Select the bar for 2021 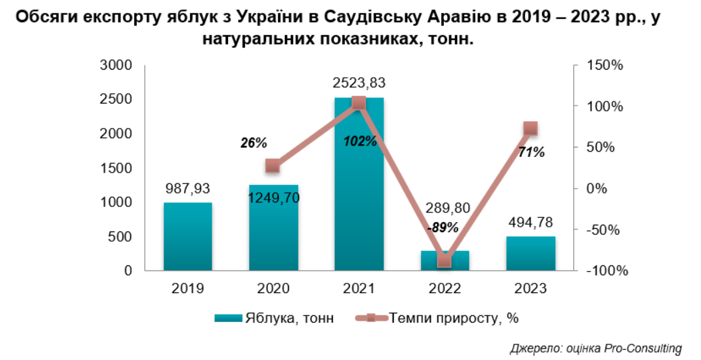pyautogui.click(x=359, y=189)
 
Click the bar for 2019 pyautogui.click(x=187, y=237)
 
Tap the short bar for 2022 pyautogui.click(x=445, y=261)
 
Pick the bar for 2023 pyautogui.click(x=530, y=254)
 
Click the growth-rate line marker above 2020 pyautogui.click(x=273, y=166)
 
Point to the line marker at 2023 pyautogui.click(x=530, y=129)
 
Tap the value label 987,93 pyautogui.click(x=187, y=188)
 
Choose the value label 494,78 pyautogui.click(x=530, y=223)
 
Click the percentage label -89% pyautogui.click(x=443, y=227)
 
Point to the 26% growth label pyautogui.click(x=254, y=143)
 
